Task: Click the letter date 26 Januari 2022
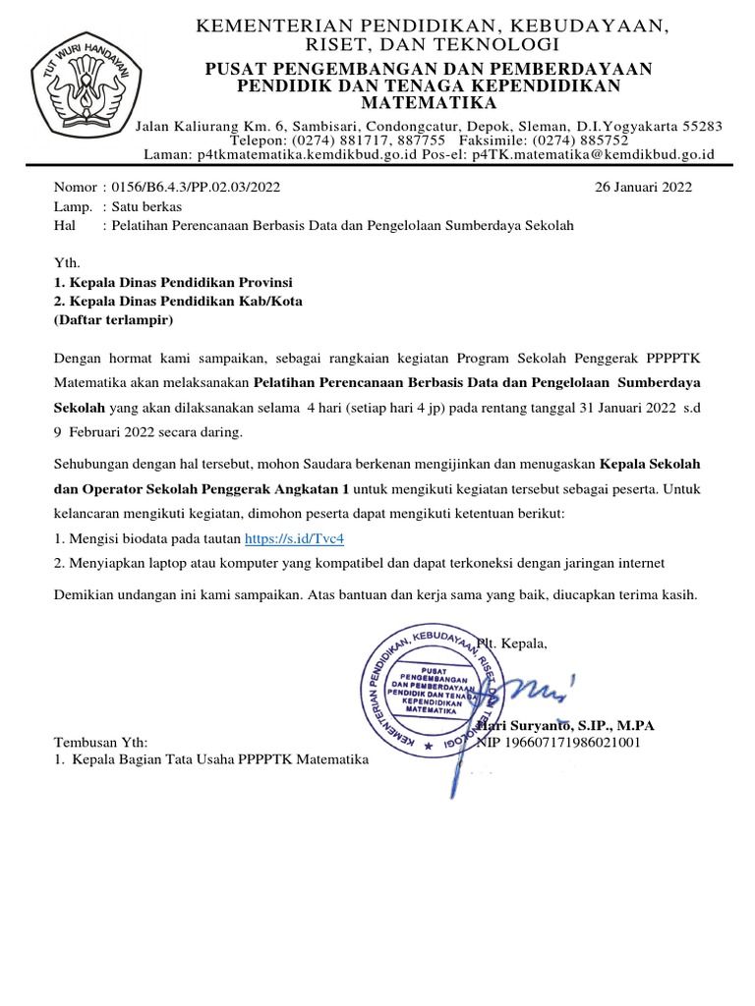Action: click(644, 187)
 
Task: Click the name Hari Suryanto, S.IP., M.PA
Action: click(566, 726)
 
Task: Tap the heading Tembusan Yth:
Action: click(99, 743)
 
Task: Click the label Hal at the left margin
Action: click(64, 225)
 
